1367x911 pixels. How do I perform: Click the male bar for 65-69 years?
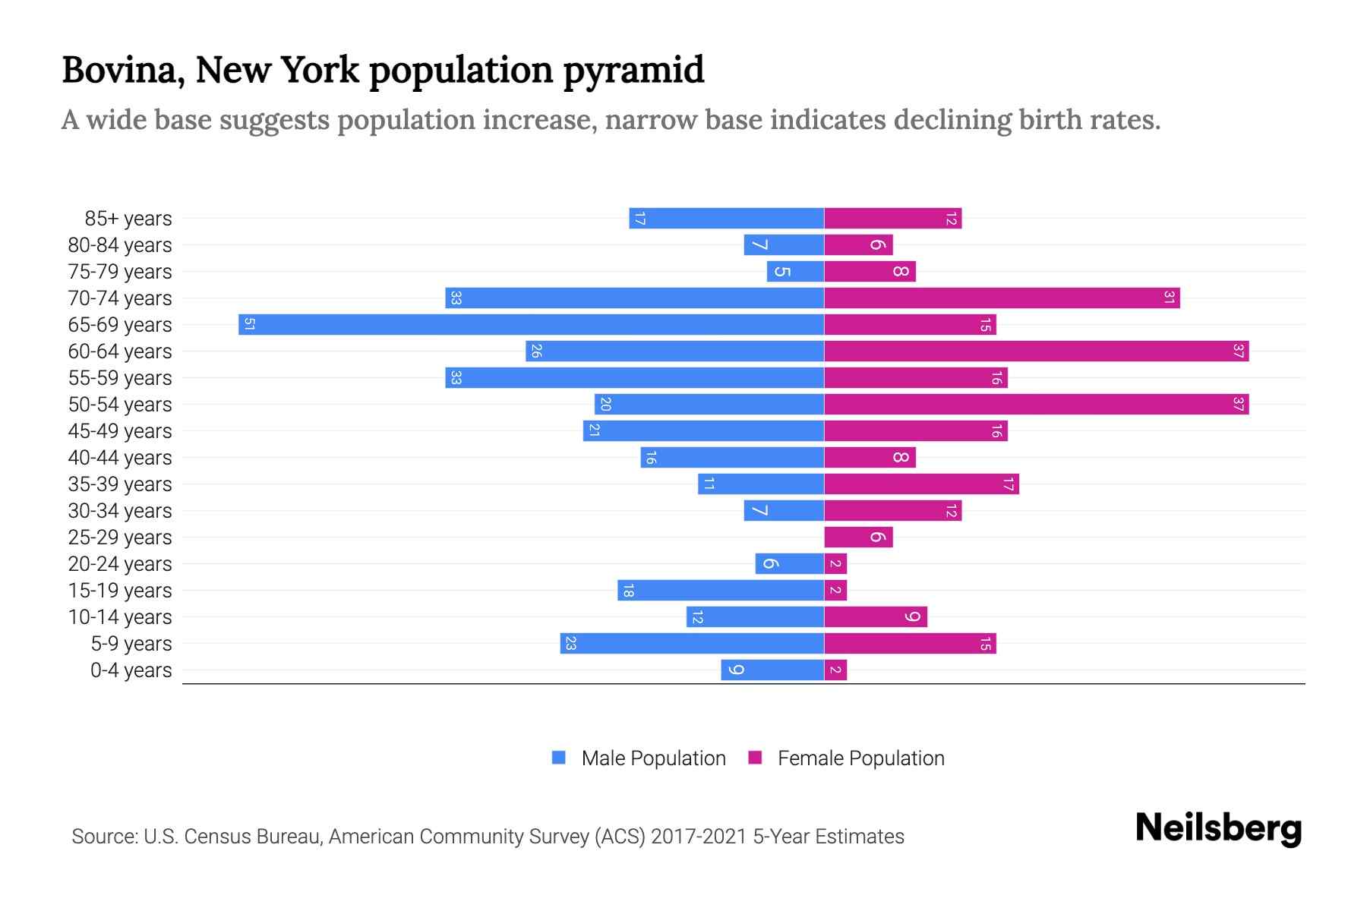(x=532, y=325)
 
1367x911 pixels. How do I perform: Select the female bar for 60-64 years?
(x=1037, y=351)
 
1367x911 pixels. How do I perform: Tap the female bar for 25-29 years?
(x=858, y=537)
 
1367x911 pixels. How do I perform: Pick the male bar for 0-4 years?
(x=772, y=670)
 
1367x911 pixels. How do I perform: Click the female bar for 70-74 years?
(x=1002, y=298)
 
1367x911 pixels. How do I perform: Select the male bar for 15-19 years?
(x=721, y=591)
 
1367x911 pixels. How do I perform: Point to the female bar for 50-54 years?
(x=1037, y=405)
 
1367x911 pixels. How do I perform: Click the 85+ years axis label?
(x=128, y=219)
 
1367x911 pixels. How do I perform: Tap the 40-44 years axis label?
(x=120, y=458)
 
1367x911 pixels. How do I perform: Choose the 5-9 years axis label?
(x=131, y=644)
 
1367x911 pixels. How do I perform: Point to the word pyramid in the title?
(x=633, y=70)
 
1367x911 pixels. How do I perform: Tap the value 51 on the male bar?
(x=249, y=325)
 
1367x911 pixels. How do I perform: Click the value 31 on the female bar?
(x=1169, y=298)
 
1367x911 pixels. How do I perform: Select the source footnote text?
(x=488, y=837)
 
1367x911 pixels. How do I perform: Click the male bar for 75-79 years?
(x=795, y=272)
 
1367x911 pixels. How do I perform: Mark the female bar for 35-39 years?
(x=921, y=484)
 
